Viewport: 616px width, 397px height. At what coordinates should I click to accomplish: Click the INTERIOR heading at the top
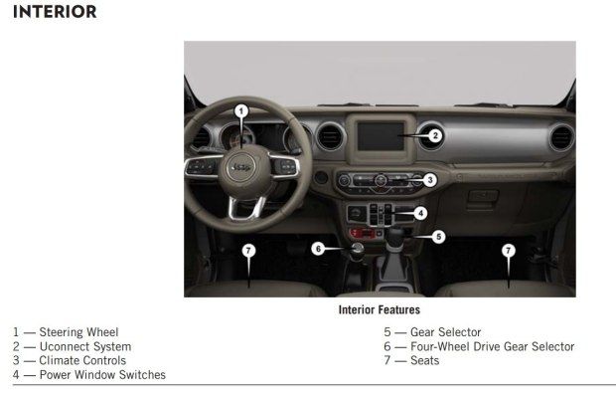pyautogui.click(x=55, y=12)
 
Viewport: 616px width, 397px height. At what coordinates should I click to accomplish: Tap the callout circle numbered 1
pyautogui.click(x=241, y=111)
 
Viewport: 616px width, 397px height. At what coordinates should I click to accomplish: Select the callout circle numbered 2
pyautogui.click(x=435, y=135)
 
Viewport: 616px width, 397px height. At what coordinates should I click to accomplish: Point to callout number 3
pyautogui.click(x=430, y=180)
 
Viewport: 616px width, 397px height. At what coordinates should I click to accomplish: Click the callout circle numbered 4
pyautogui.click(x=420, y=213)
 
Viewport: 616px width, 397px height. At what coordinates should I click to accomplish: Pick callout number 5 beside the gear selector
pyautogui.click(x=438, y=237)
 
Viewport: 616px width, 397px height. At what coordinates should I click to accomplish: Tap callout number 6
pyautogui.click(x=318, y=249)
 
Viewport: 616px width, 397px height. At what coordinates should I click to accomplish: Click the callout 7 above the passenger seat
pyautogui.click(x=509, y=251)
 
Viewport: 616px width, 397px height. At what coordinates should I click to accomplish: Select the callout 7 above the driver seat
pyautogui.click(x=248, y=251)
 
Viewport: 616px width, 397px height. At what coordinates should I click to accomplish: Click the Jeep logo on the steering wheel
pyautogui.click(x=241, y=167)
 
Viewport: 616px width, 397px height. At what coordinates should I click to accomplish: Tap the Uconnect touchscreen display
pyautogui.click(x=381, y=136)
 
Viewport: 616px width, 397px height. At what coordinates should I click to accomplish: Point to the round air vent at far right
pyautogui.click(x=561, y=137)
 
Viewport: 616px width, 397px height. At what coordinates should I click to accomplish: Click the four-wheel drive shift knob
pyautogui.click(x=357, y=252)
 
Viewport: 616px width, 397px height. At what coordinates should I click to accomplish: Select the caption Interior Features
pyautogui.click(x=380, y=310)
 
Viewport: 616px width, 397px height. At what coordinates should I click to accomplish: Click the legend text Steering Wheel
pyautogui.click(x=78, y=332)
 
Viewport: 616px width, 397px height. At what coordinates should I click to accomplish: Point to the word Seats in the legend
pyautogui.click(x=424, y=361)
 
